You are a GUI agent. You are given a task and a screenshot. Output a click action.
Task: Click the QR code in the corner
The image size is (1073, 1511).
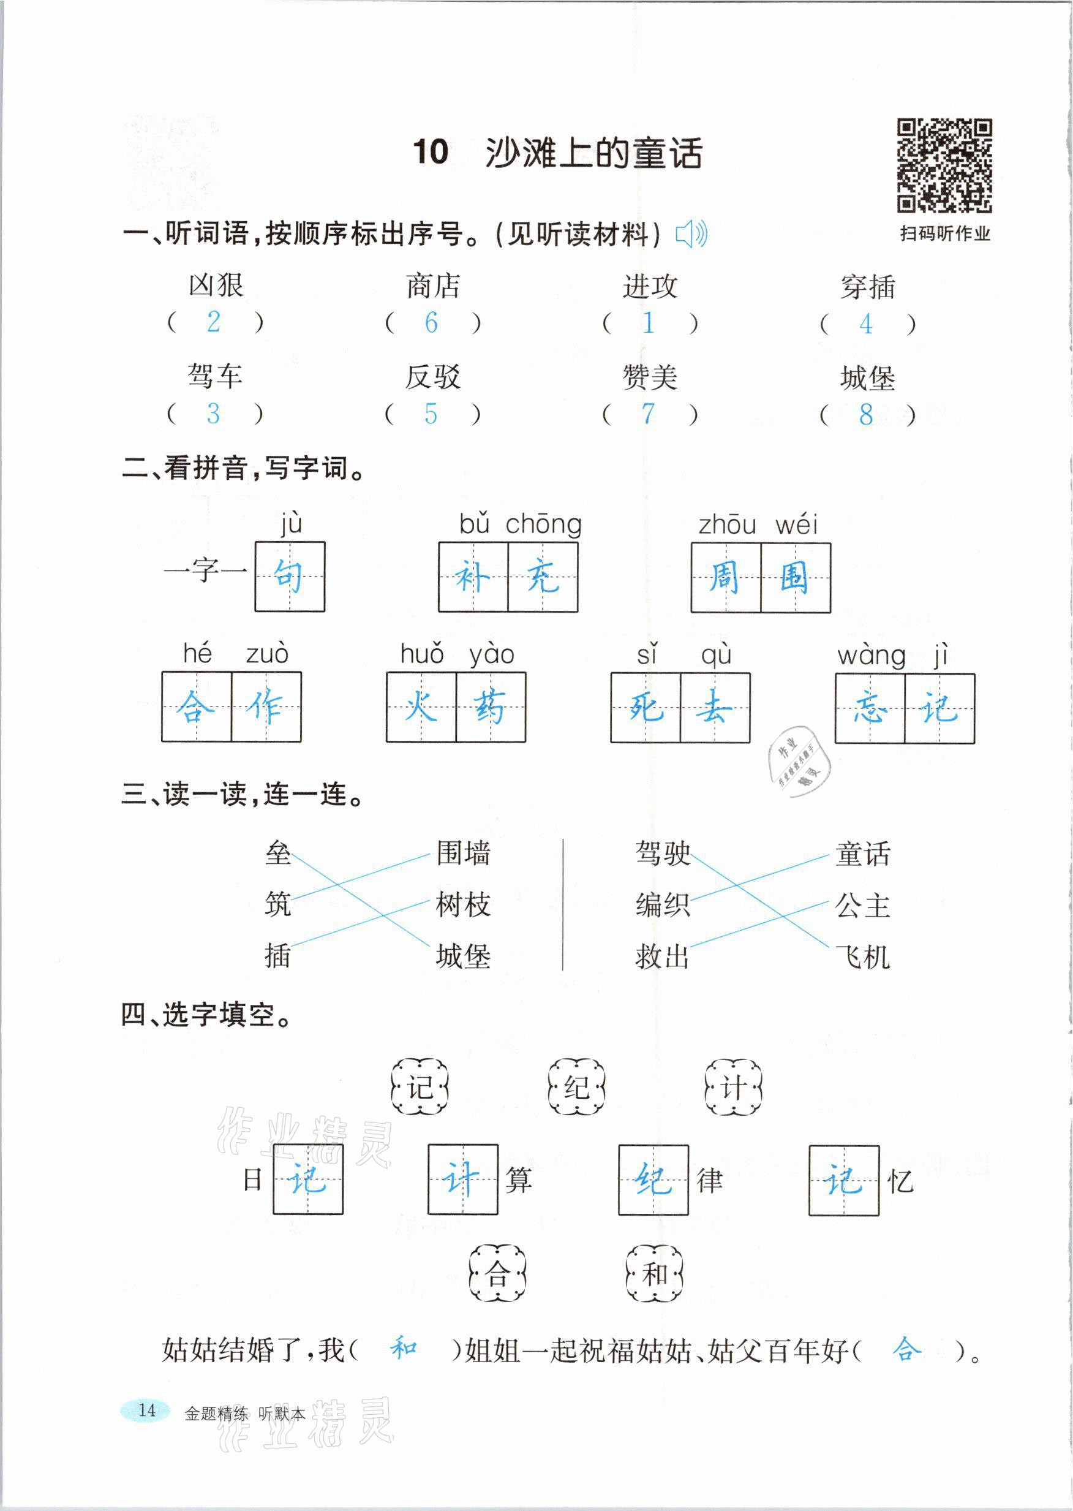944,165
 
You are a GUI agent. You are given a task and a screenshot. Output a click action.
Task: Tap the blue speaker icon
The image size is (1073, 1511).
691,233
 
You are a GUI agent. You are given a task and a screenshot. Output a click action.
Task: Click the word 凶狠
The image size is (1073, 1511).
216,286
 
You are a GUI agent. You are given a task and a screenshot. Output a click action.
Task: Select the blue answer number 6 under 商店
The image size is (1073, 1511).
431,322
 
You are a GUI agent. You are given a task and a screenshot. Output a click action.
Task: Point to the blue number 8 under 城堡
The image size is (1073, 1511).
865,414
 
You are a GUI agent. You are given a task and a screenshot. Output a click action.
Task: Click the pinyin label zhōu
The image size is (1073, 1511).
727,525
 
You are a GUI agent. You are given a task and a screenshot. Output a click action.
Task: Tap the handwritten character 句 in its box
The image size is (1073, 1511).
290,577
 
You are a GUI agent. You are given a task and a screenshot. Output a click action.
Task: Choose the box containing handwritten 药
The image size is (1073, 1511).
490,706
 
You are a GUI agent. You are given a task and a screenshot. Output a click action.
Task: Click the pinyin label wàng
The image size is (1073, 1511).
872,656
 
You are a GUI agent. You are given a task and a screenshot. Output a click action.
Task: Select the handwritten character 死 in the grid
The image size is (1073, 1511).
646,707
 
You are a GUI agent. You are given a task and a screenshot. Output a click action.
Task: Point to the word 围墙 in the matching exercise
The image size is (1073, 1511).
463,854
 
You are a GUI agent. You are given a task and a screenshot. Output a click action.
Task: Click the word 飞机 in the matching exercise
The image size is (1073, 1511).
862,956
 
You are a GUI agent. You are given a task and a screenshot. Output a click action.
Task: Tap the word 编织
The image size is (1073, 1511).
663,905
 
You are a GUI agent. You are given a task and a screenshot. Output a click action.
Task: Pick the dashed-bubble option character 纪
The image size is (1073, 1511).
576,1088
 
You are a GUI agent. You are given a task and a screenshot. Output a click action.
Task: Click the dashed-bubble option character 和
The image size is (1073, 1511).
654,1273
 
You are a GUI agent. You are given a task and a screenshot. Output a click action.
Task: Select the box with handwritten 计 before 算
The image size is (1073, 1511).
462,1180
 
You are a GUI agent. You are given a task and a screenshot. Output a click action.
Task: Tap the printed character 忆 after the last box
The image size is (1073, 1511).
900,1181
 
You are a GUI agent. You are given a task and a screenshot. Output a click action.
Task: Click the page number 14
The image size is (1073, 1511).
146,1410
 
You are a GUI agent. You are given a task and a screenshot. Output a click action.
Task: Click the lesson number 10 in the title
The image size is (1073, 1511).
431,153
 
